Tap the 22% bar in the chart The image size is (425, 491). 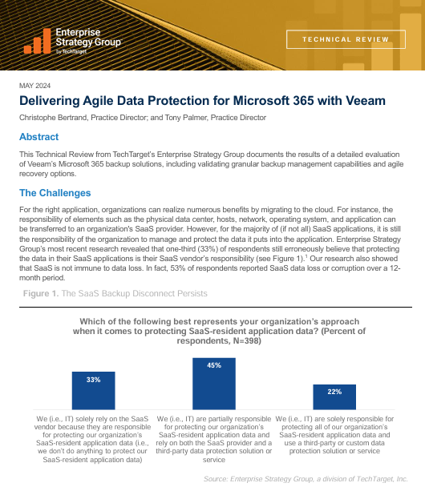(334, 398)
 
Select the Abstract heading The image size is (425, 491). (38, 137)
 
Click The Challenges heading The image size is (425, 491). (55, 193)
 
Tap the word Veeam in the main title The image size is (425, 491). (365, 101)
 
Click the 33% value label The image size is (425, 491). (94, 379)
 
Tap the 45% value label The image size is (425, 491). (214, 366)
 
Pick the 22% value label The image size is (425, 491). (334, 392)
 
